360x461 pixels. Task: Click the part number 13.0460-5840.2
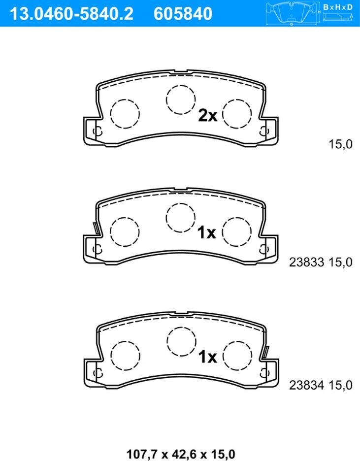(x=71, y=14)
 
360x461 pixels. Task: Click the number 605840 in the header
(x=183, y=14)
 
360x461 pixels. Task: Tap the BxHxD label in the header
(x=338, y=7)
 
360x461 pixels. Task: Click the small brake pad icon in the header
(x=292, y=13)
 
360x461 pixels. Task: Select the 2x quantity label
(x=208, y=116)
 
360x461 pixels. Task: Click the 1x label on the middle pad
(x=207, y=233)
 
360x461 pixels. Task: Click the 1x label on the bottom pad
(x=207, y=357)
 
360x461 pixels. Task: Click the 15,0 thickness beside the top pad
(x=340, y=144)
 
